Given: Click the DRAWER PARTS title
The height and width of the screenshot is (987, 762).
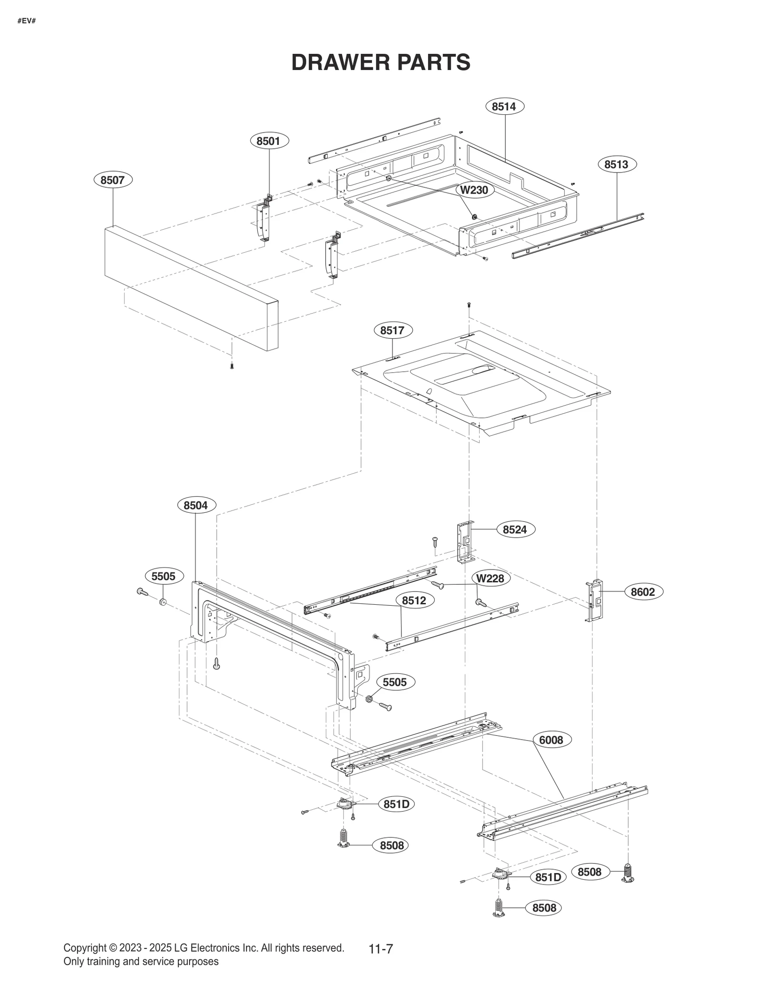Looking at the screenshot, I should point(381,62).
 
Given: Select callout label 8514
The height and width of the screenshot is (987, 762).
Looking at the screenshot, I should point(504,106).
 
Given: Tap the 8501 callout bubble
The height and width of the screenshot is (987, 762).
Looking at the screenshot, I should point(269,141).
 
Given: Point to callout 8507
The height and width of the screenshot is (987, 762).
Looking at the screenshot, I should point(113,180).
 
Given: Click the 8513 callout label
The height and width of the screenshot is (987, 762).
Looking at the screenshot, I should point(617,164).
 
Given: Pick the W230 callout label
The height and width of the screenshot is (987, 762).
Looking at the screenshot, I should point(474,190).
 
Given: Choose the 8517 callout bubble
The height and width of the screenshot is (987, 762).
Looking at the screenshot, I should point(392,330).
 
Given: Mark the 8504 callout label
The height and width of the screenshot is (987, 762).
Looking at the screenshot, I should point(196,505).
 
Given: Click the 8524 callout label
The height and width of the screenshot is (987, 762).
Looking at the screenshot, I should point(515,529).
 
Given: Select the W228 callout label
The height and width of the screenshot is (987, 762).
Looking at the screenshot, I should point(491,579).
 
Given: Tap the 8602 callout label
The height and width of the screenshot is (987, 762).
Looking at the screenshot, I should point(643,592).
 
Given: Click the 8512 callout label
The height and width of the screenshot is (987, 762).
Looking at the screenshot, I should point(414,600).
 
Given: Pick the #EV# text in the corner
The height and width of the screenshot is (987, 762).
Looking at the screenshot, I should point(27,21).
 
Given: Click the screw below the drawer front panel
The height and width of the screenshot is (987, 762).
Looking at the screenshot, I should point(232,366).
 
